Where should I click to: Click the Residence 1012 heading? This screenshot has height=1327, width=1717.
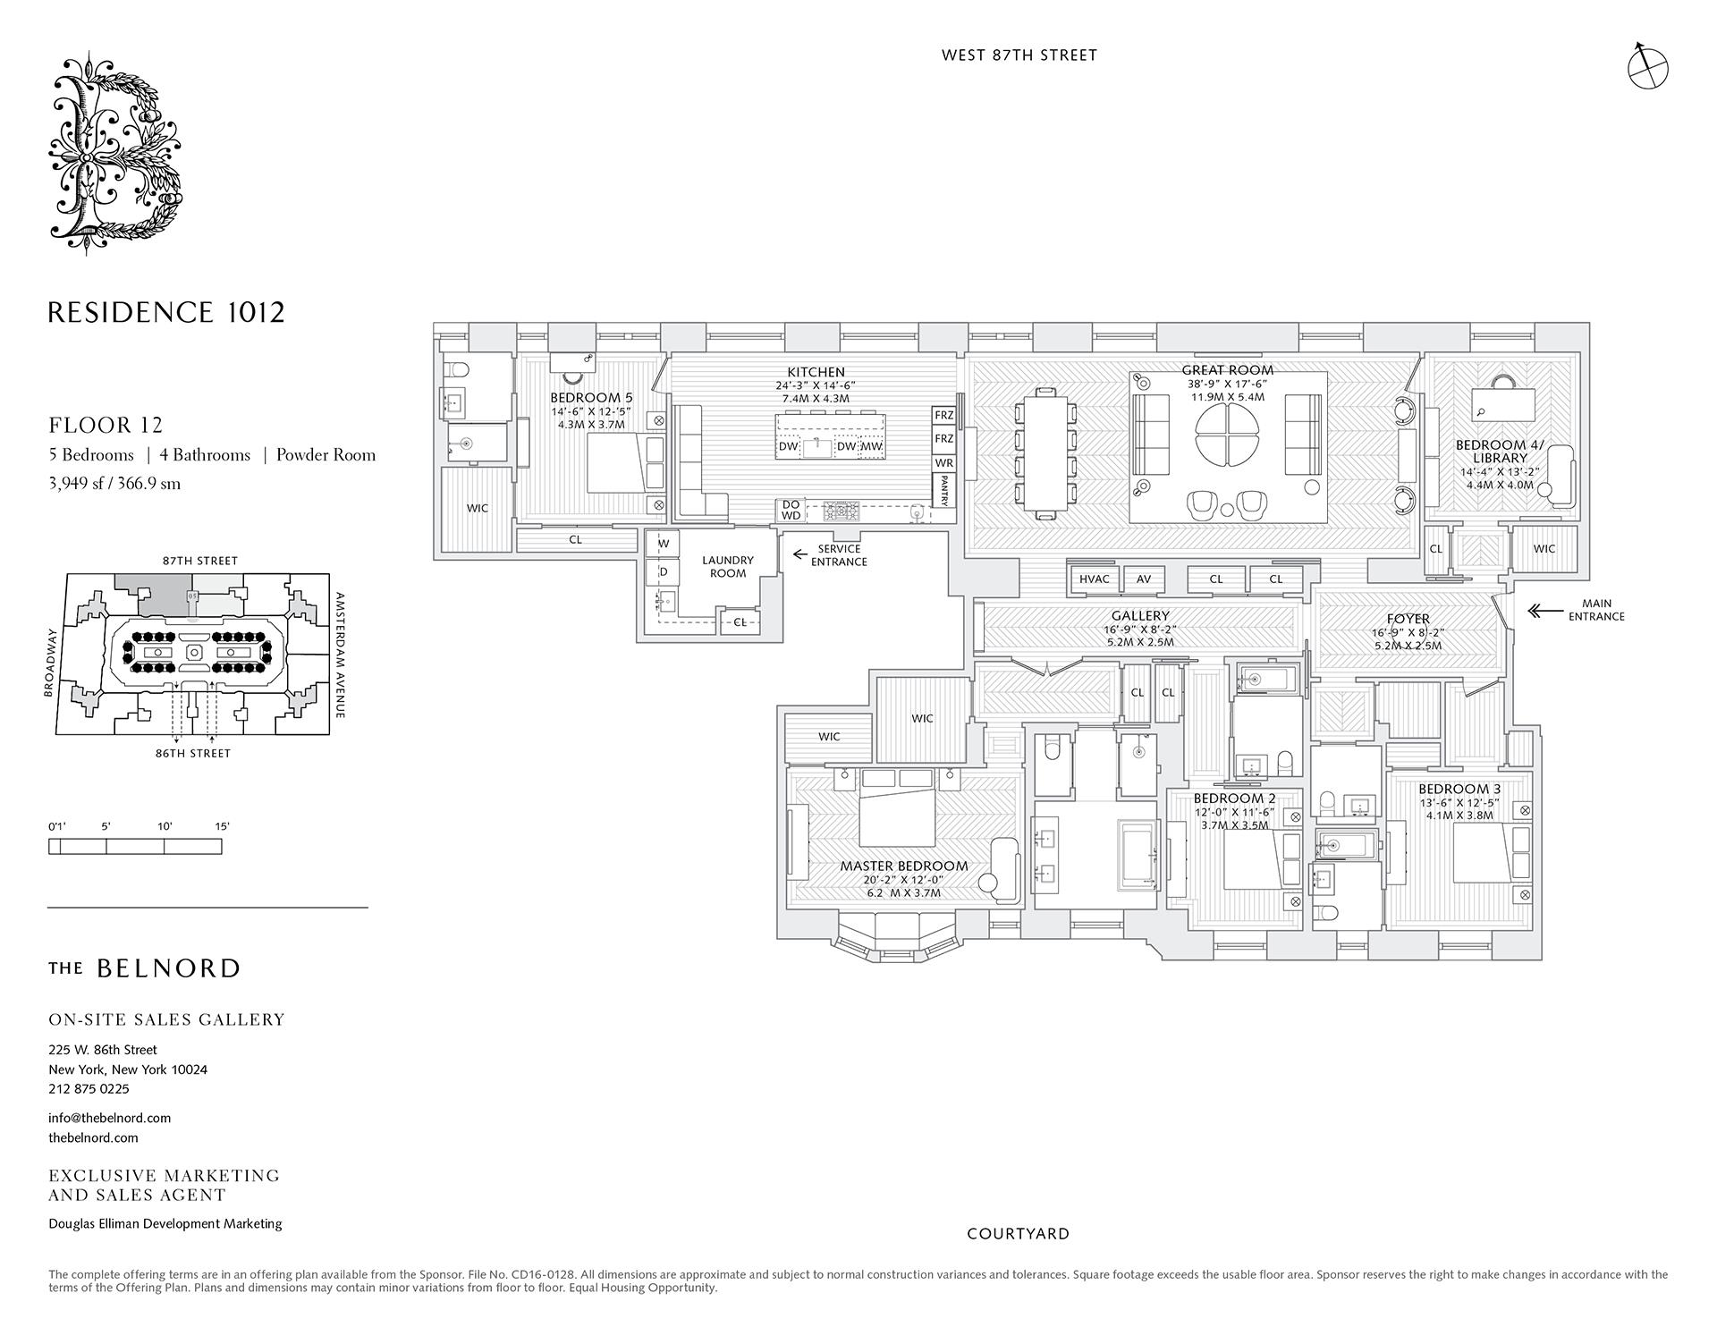point(166,313)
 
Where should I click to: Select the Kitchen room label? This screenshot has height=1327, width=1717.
point(816,372)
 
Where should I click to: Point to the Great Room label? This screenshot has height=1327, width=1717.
point(1227,369)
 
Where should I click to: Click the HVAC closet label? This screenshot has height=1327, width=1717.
point(1094,579)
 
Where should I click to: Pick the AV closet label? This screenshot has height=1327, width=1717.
point(1144,579)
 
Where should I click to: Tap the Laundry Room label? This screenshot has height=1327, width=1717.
point(728,567)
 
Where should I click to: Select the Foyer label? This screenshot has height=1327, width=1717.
point(1408,619)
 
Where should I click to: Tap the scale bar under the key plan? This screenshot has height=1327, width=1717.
point(135,846)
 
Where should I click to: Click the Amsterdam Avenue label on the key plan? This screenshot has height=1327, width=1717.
point(341,655)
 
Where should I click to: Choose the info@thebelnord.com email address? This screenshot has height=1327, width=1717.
point(110,1118)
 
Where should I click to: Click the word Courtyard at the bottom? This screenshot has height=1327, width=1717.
point(1018,1234)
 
